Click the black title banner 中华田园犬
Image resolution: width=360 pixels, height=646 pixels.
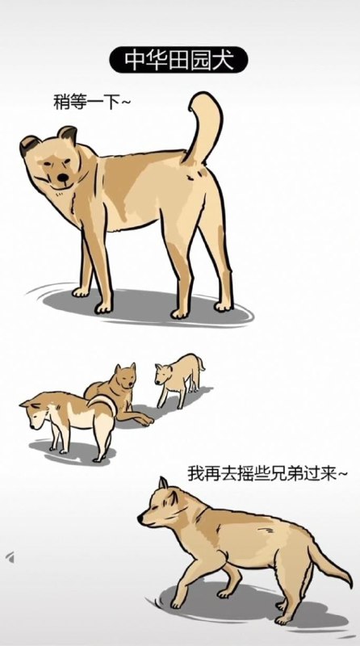point(178,60)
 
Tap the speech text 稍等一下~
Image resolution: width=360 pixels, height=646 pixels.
point(91,102)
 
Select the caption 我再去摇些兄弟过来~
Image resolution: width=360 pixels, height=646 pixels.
point(267,473)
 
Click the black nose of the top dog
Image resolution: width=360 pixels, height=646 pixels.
point(63,178)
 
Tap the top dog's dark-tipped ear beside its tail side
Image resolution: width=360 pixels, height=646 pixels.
point(68,134)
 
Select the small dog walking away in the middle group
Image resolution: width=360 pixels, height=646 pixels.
point(179,380)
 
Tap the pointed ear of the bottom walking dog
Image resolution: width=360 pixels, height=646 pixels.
point(164,483)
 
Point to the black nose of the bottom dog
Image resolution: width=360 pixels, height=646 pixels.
point(140,518)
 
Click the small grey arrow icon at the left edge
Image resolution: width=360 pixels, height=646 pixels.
point(10,557)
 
